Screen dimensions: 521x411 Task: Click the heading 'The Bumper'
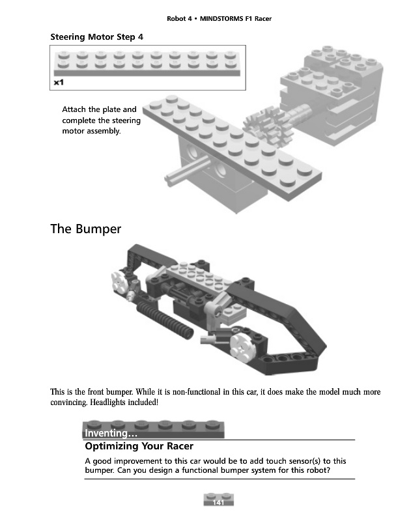point(85,229)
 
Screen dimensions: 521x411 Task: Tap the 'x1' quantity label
point(58,83)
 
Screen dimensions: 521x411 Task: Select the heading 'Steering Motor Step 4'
point(96,36)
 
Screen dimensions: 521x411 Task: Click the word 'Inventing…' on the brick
point(110,433)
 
